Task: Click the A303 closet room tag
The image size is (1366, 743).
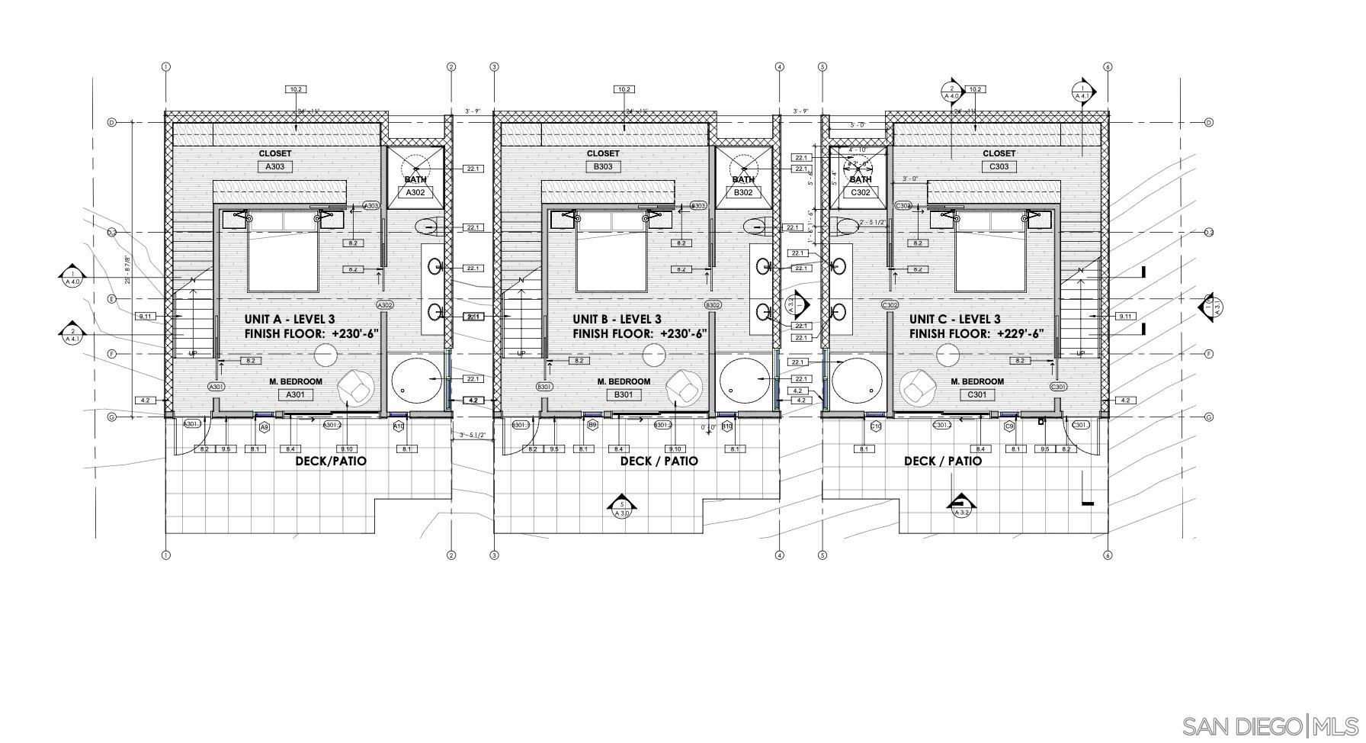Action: click(274, 166)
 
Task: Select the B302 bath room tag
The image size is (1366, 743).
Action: click(743, 193)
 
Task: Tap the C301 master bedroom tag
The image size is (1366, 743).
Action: click(976, 394)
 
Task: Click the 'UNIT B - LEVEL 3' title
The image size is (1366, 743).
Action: click(617, 320)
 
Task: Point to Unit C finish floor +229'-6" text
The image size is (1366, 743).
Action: click(976, 334)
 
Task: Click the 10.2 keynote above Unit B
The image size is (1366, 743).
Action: click(624, 89)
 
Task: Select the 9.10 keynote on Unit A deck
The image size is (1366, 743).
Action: click(346, 449)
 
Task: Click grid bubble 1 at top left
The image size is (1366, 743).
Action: click(165, 67)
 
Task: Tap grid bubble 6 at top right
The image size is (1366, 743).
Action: click(1108, 67)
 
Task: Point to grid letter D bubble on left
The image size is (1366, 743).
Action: click(111, 122)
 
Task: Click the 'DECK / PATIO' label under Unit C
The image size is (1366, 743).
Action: click(942, 461)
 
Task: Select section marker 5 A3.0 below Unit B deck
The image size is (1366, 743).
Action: click(622, 507)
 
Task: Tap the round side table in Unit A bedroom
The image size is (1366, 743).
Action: click(326, 355)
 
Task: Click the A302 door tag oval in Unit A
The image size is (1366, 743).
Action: click(384, 305)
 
